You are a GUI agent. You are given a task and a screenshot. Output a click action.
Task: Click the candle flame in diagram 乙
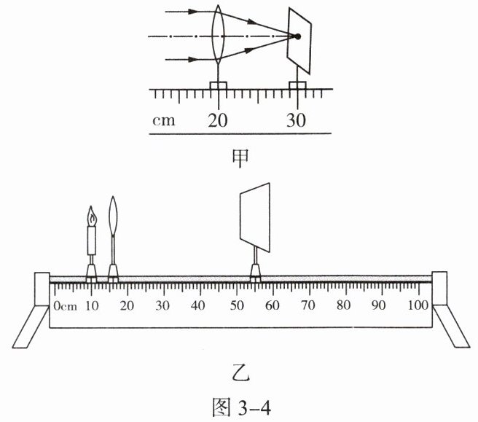(x=91, y=216)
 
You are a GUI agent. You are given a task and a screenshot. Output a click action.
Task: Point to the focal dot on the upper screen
(x=297, y=36)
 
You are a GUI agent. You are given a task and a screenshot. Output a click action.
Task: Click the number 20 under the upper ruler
(x=218, y=120)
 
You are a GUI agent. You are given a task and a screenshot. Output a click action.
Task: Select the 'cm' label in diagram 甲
(x=164, y=120)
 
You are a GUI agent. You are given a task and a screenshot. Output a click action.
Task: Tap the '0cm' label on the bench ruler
(x=66, y=306)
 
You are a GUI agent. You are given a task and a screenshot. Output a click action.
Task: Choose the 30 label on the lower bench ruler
(x=162, y=305)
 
